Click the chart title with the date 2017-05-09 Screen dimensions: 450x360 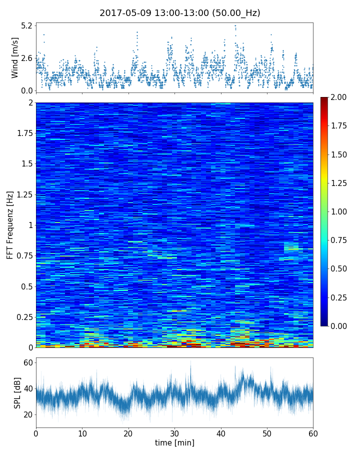click(180, 13)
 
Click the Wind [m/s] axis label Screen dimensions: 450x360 click(14, 57)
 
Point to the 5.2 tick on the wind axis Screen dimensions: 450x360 click(26, 25)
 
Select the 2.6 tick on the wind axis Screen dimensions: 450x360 click(26, 58)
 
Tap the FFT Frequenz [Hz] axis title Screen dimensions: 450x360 click(10, 224)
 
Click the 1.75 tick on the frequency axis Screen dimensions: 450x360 click(23, 133)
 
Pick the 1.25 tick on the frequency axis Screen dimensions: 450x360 click(23, 194)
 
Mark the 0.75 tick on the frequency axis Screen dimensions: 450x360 click(23, 256)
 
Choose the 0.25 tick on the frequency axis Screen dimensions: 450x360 click(23, 317)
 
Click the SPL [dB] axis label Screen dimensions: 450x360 click(18, 392)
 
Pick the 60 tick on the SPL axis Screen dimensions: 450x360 click(27, 362)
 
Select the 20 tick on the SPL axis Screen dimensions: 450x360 click(27, 414)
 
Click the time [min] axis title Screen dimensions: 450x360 click(174, 443)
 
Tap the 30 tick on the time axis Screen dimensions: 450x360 click(174, 433)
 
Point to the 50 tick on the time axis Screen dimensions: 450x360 click(267, 433)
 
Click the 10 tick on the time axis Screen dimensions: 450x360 click(82, 433)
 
